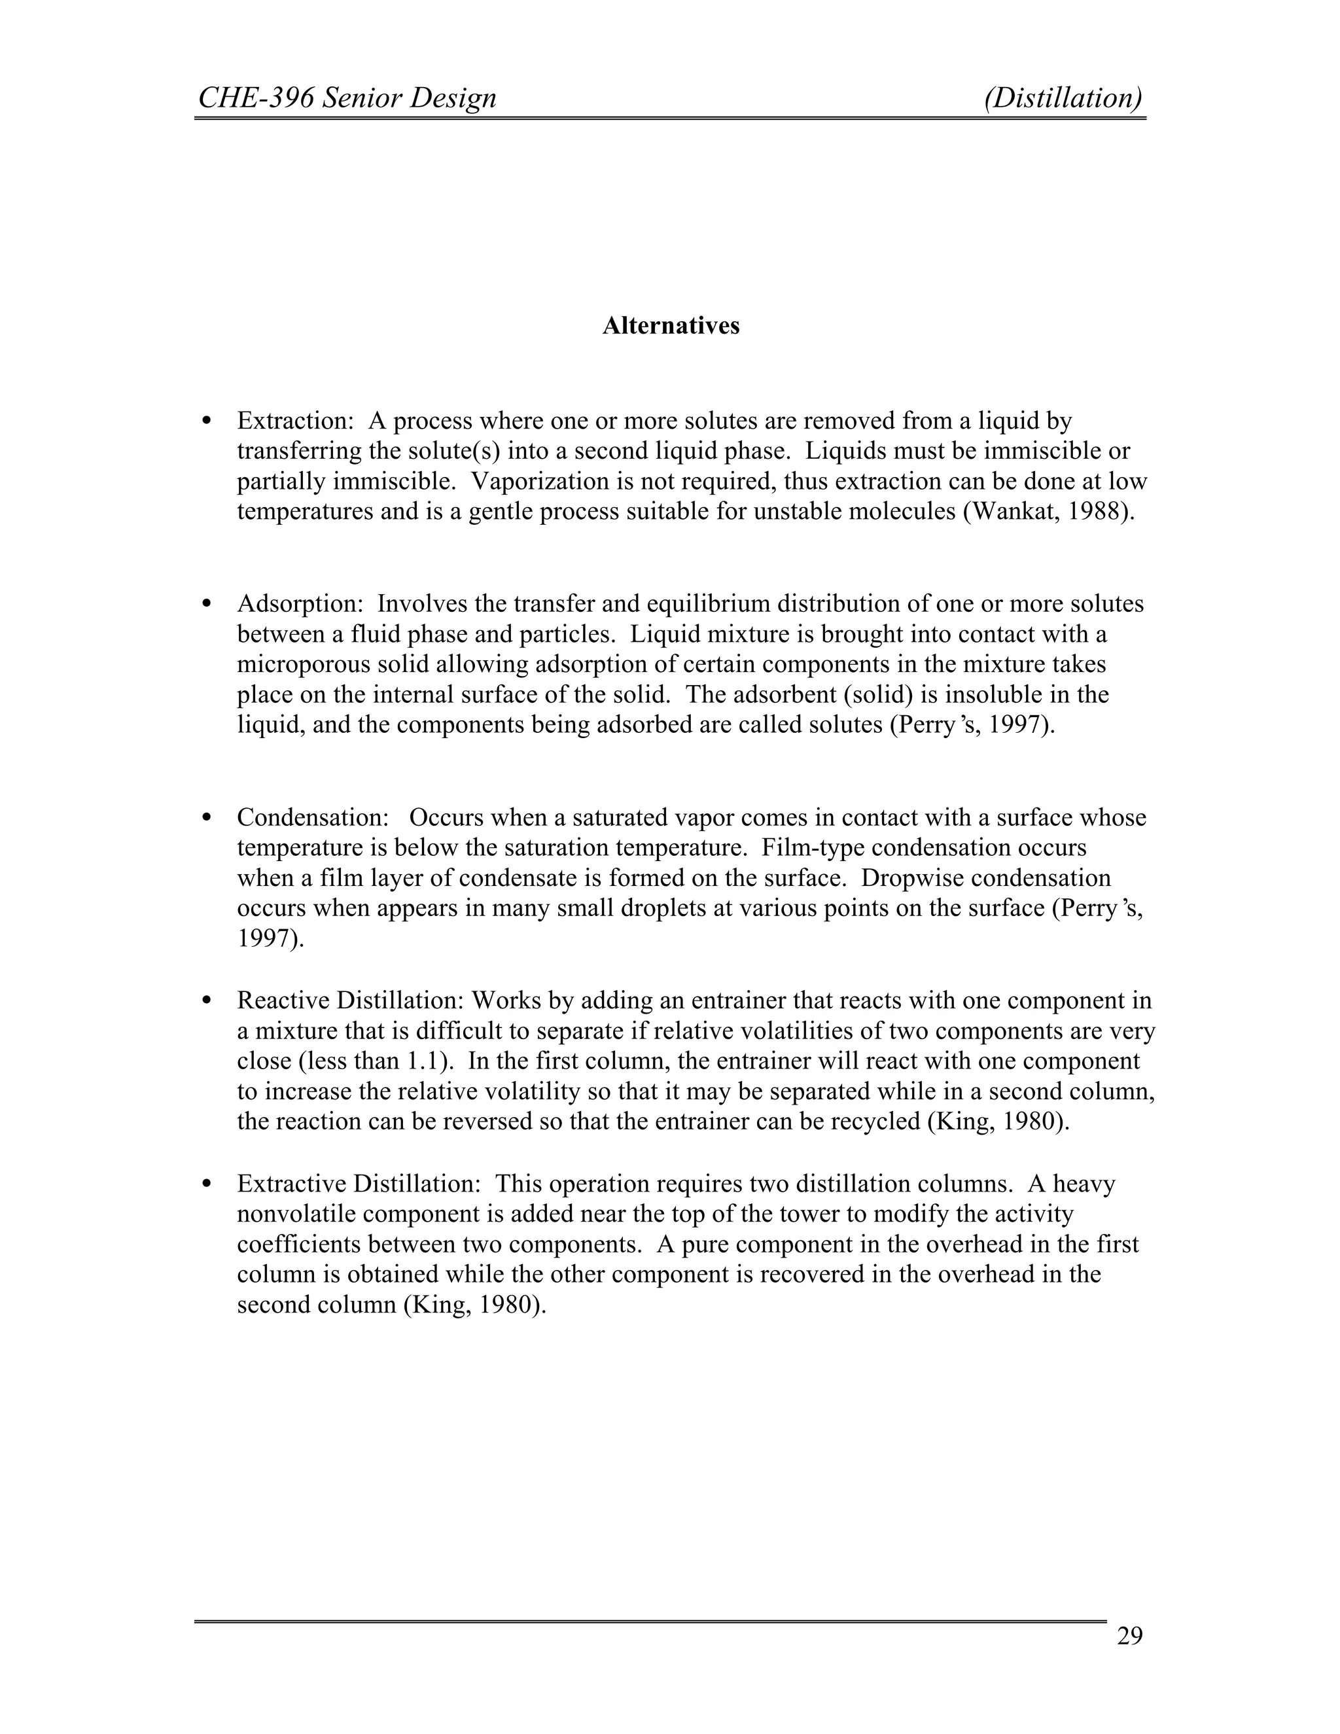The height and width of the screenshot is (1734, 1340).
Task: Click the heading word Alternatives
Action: [x=670, y=327]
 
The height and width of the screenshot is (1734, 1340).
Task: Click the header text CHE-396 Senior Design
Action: [x=347, y=97]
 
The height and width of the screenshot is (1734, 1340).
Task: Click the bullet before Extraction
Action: [x=207, y=421]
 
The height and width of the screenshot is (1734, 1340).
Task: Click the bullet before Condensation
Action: [x=207, y=818]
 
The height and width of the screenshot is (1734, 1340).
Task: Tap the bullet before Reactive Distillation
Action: [x=207, y=1000]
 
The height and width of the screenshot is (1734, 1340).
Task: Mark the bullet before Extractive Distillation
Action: [x=207, y=1184]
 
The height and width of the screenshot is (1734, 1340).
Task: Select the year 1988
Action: [x=1095, y=511]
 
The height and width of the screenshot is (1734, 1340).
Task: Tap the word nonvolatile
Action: [x=297, y=1214]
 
